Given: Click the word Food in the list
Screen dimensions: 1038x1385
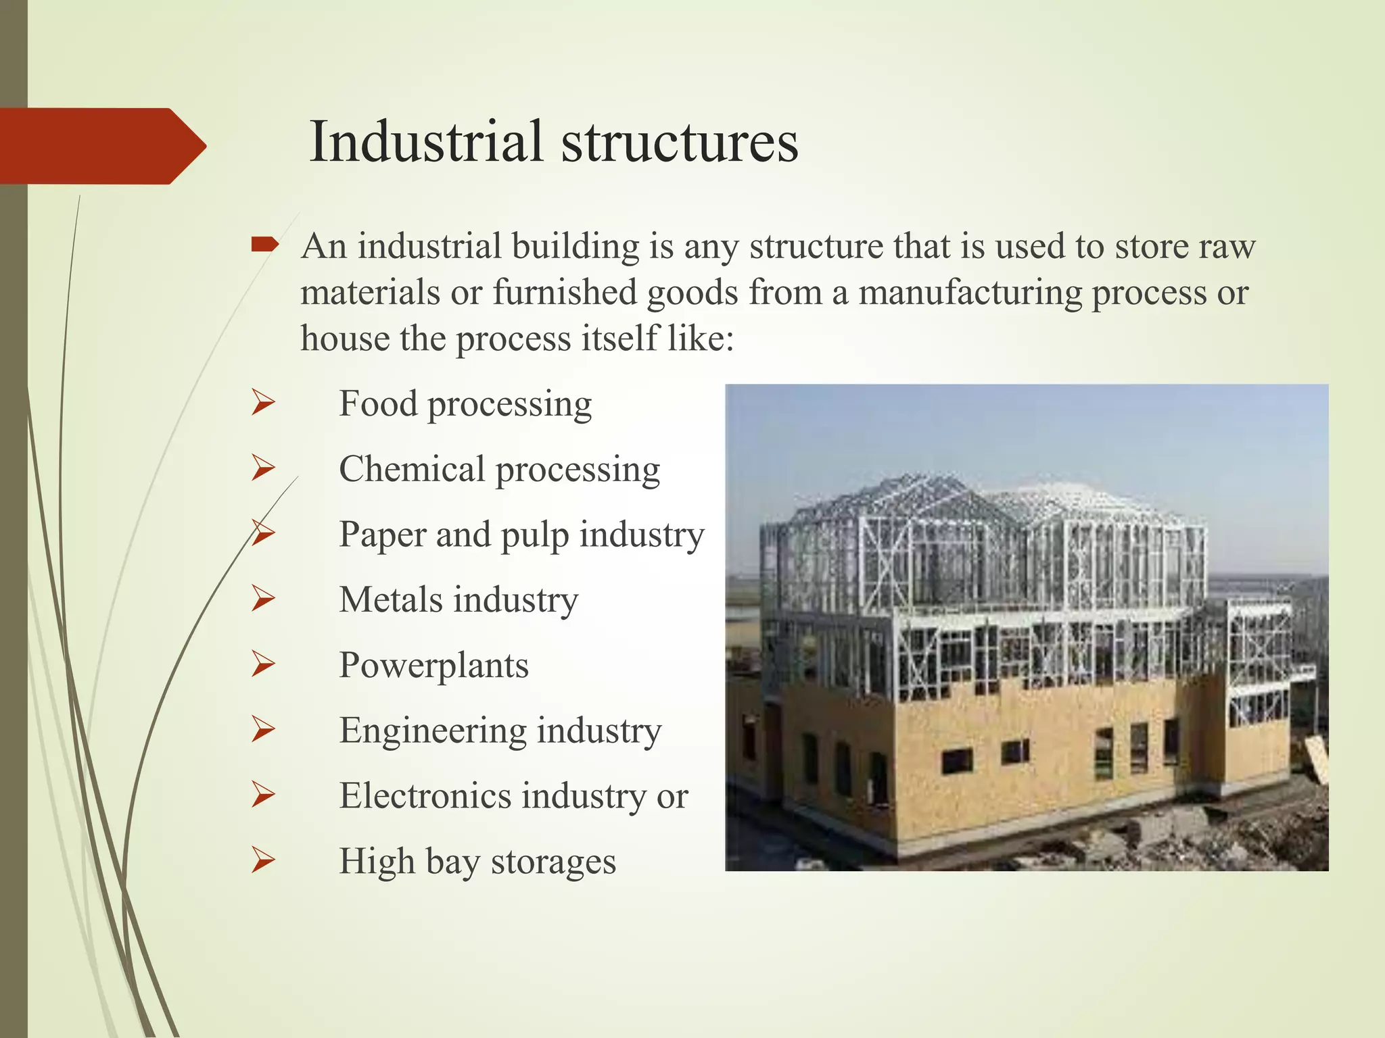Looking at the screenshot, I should pos(377,404).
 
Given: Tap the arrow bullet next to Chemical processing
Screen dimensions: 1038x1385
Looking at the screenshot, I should pos(262,468).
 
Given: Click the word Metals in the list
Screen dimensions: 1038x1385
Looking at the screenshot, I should pos(390,600).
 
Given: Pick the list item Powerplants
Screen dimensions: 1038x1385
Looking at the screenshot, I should pos(433,666).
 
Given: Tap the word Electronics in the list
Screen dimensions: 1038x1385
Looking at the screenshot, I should pos(425,796).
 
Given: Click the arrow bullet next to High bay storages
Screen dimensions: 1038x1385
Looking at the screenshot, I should pos(262,860).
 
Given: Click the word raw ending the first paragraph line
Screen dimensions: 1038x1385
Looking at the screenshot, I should pos(1227,247).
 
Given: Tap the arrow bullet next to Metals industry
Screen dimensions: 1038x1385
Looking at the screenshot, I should pos(262,599).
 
